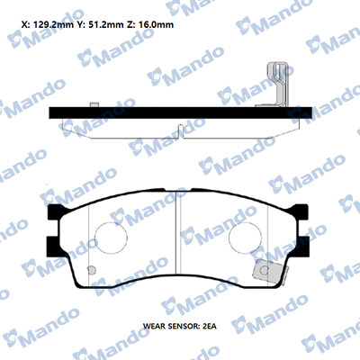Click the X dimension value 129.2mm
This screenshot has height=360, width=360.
53,24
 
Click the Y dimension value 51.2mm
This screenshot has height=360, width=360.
105,24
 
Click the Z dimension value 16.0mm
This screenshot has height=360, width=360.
157,24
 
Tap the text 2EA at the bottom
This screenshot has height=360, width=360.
210,326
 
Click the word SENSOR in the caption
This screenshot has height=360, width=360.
184,326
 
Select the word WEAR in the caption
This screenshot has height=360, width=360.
155,326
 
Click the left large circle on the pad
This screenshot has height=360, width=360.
111,238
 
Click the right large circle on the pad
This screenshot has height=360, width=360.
245,238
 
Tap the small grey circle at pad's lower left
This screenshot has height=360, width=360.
92,270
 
